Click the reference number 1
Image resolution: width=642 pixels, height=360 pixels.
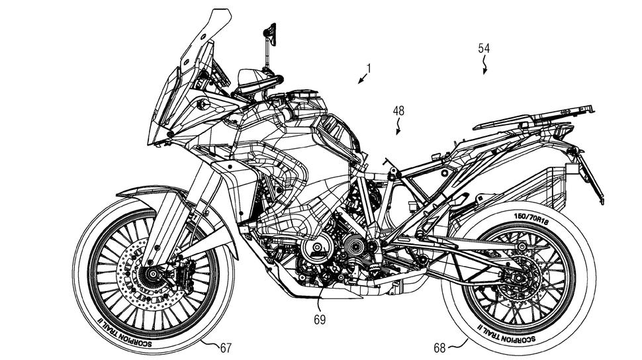click(x=369, y=68)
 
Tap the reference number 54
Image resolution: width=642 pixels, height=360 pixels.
click(x=484, y=48)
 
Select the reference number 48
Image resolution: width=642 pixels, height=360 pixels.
click(x=398, y=111)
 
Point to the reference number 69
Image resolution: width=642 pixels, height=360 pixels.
click(x=320, y=319)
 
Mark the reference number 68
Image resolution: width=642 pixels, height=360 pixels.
click(x=439, y=348)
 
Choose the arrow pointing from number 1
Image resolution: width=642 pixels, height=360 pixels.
click(x=362, y=79)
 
